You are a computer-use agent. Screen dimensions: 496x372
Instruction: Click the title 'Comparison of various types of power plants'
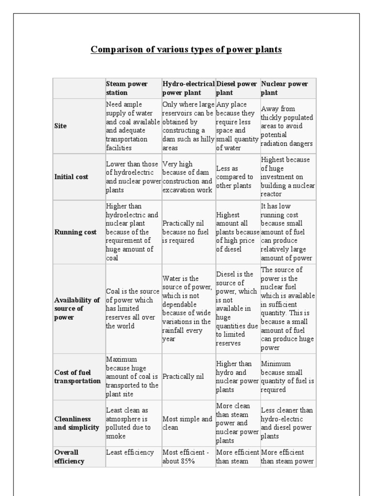[186, 49]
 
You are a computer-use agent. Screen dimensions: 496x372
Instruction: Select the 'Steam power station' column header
[127, 88]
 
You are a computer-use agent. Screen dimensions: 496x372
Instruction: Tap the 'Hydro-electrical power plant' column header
[188, 88]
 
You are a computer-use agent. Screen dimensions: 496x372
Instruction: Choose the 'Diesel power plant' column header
[236, 88]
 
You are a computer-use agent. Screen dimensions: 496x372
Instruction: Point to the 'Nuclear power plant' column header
[284, 88]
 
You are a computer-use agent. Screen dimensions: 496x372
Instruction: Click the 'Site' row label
[61, 126]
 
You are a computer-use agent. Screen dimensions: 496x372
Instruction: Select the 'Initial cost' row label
[71, 177]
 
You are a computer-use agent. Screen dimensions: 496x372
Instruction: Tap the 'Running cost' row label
[75, 232]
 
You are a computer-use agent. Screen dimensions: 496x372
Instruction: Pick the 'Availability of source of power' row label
[77, 309]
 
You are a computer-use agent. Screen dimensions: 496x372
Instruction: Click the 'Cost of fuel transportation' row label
[77, 376]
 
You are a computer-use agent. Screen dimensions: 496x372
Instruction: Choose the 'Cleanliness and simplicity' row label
[77, 423]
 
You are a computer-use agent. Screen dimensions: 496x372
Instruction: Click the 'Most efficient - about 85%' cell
[186, 457]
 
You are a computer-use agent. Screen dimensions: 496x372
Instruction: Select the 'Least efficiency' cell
[130, 452]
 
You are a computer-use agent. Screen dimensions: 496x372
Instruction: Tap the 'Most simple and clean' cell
[187, 423]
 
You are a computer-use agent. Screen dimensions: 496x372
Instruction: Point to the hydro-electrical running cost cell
[186, 232]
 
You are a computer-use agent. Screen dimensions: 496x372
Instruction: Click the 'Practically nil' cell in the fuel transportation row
[183, 376]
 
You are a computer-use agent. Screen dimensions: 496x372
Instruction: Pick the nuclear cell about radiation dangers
[287, 126]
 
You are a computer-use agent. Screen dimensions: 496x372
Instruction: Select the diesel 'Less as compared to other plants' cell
[234, 177]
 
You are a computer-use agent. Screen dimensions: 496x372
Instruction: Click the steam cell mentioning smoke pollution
[129, 423]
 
